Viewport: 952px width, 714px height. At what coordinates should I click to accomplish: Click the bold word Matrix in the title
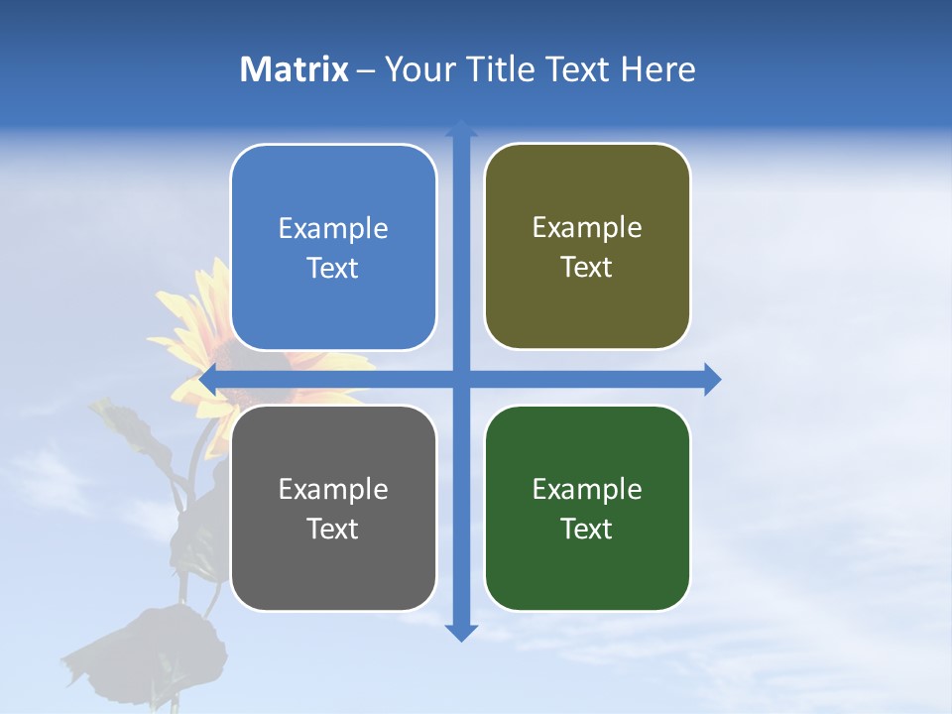coord(295,69)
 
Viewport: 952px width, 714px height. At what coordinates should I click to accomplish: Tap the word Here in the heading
coord(657,69)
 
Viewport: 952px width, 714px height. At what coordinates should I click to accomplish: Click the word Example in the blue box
coord(333,229)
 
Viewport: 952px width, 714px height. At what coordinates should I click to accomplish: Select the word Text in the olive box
coord(587,268)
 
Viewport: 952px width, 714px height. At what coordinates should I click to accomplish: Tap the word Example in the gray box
coord(333,490)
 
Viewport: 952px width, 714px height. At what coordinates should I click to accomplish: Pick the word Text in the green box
coord(587,530)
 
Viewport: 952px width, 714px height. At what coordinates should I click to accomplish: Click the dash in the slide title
coord(366,70)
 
